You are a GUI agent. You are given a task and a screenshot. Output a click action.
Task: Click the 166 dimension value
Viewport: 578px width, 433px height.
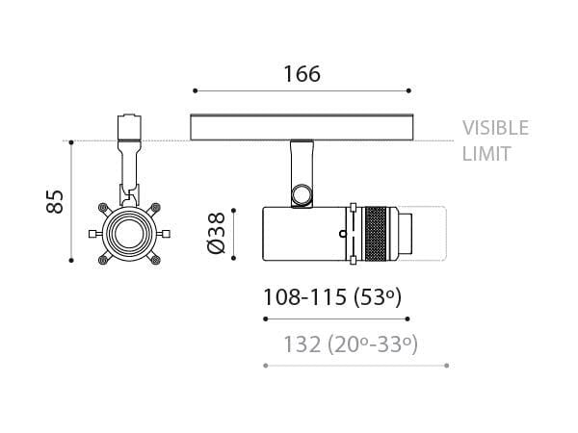pyautogui.click(x=302, y=73)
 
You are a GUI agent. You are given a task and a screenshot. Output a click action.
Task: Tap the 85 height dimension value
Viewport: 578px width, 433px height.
pyautogui.click(x=55, y=201)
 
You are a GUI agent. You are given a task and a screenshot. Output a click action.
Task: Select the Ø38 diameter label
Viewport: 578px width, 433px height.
pyautogui.click(x=217, y=233)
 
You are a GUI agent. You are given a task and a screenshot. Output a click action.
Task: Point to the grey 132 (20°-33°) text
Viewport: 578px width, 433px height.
pyautogui.click(x=351, y=344)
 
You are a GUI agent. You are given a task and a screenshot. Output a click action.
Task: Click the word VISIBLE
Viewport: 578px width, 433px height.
pyautogui.click(x=495, y=128)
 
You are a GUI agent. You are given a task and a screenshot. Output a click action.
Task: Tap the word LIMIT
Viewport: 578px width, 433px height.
pyautogui.click(x=486, y=154)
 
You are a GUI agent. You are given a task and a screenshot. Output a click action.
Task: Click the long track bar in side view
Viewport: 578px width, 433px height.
pyautogui.click(x=302, y=127)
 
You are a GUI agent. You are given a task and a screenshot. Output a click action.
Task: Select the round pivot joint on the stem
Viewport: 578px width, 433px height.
pyautogui.click(x=302, y=194)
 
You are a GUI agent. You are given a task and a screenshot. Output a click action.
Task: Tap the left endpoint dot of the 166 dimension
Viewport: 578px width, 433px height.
pyautogui.click(x=195, y=91)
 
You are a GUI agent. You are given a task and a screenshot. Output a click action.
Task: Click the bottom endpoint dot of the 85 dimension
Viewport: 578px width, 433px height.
pyautogui.click(x=73, y=260)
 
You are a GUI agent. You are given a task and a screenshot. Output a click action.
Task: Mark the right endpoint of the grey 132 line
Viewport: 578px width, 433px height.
pyautogui.click(x=448, y=366)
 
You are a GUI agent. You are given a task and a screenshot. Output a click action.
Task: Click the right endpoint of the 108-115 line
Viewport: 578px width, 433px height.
pyautogui.click(x=409, y=318)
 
